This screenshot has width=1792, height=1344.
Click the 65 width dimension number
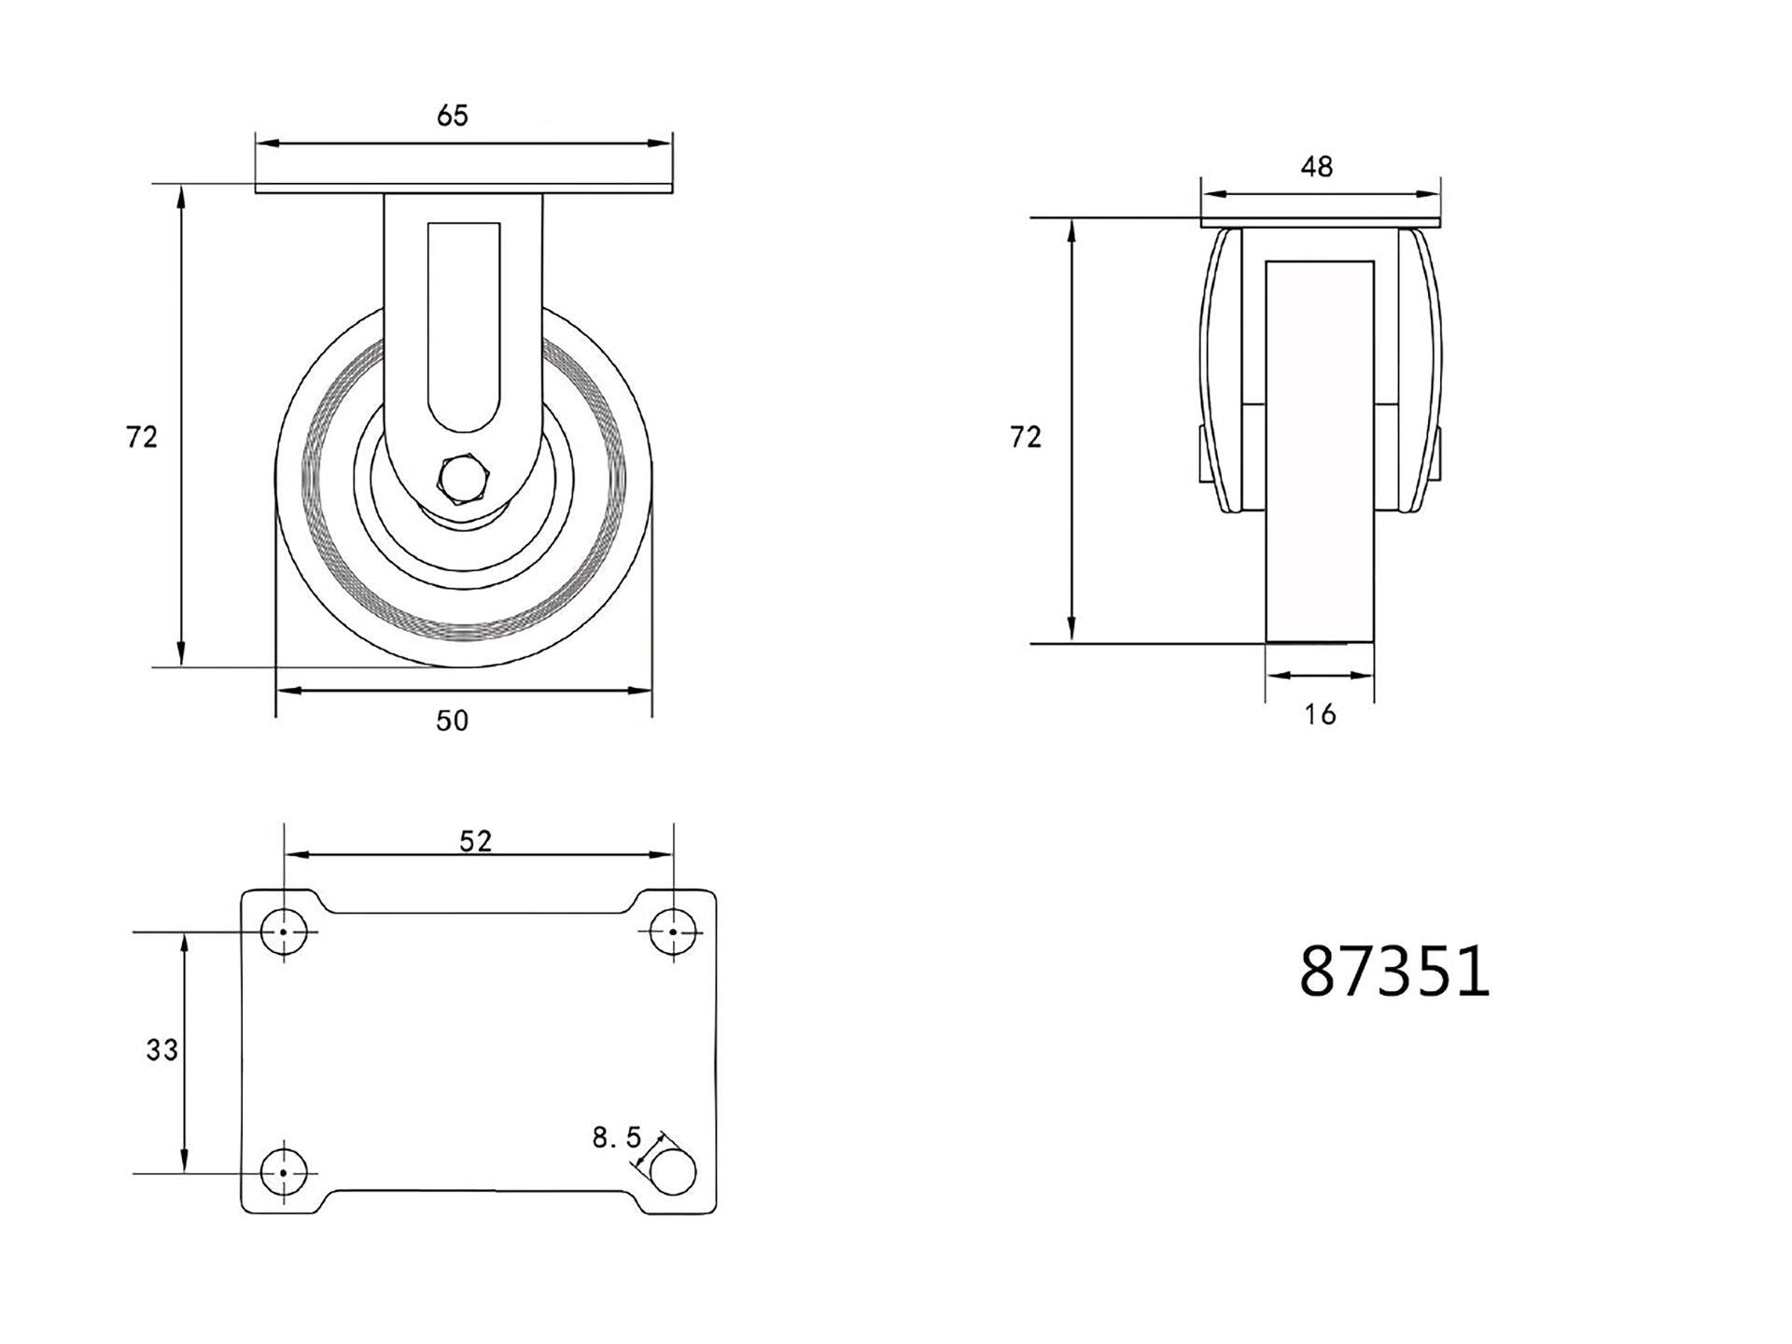[x=452, y=116]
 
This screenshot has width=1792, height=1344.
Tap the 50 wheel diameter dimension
[x=452, y=721]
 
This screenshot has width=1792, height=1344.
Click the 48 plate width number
[x=1316, y=167]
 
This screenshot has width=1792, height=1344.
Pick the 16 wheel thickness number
[x=1320, y=715]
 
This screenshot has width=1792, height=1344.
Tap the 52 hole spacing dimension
[x=475, y=841]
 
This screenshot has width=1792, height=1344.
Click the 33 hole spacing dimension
[x=161, y=1050]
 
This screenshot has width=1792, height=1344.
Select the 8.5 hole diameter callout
[x=616, y=1137]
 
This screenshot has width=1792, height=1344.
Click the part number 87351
[x=1393, y=972]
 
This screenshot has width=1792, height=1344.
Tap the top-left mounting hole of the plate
[x=284, y=931]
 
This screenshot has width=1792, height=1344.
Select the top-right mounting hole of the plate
[x=673, y=931]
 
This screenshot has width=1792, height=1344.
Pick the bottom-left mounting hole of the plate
[x=284, y=1172]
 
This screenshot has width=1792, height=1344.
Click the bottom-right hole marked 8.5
[x=673, y=1172]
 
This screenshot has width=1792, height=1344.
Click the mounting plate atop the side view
[x=1320, y=222]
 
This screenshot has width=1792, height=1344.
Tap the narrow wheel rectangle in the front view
[x=1320, y=448]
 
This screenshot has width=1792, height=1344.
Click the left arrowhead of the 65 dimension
[x=267, y=144]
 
